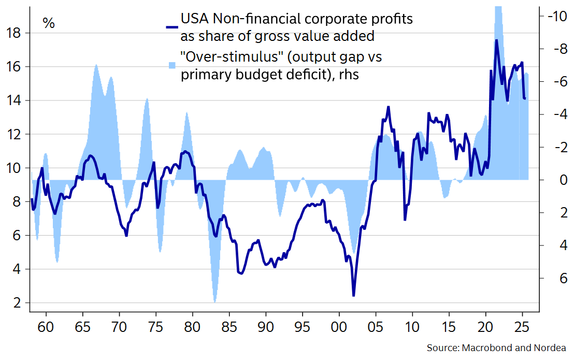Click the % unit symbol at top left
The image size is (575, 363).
49,23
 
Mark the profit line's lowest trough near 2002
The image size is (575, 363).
354,296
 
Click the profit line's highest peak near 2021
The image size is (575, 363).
496,40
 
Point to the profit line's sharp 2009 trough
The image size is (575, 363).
405,220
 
